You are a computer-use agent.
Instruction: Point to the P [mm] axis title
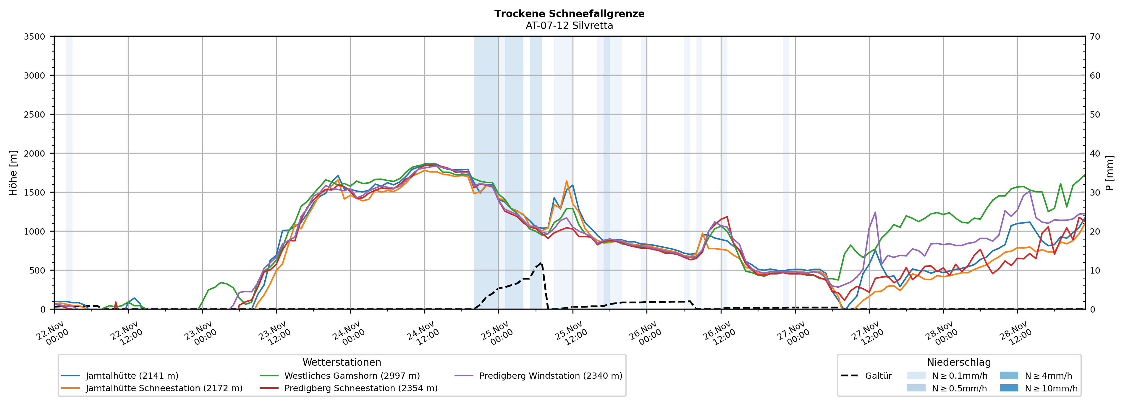(x=1110, y=173)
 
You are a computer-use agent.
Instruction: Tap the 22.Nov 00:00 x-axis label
(x=52, y=334)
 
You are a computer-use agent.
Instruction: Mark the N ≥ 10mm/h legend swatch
(x=1008, y=388)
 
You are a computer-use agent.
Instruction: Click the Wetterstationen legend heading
(x=342, y=362)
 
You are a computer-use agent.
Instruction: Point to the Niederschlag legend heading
(x=959, y=362)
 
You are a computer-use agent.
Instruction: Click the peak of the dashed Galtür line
(x=541, y=263)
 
